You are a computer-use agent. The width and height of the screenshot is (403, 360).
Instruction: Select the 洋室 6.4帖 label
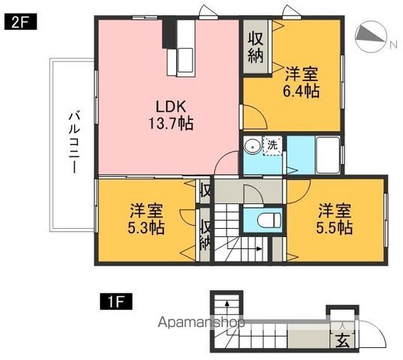tap(302, 82)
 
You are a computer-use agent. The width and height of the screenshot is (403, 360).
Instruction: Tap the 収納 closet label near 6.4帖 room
tap(256, 46)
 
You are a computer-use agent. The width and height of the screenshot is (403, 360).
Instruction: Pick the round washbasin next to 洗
tap(253, 146)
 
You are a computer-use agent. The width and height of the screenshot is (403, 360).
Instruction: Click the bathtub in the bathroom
tap(326, 153)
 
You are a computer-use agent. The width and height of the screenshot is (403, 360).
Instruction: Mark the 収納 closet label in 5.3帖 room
tap(205, 234)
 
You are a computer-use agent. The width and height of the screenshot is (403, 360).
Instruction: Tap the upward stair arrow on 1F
tap(221, 307)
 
